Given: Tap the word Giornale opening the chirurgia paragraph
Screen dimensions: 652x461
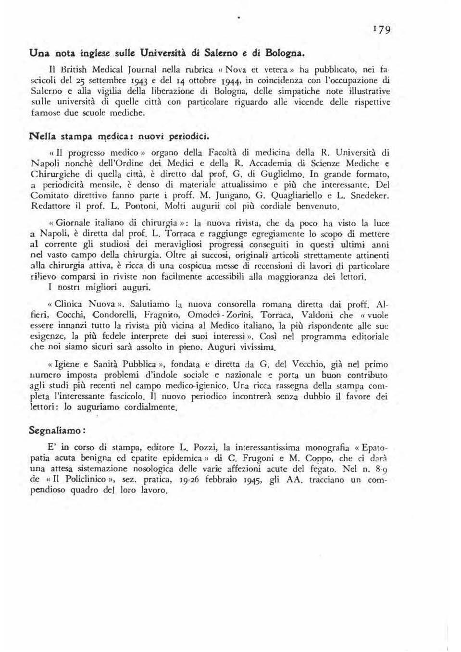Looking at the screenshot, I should coord(75,223).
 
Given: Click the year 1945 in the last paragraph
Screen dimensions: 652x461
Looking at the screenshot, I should coord(254,480).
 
